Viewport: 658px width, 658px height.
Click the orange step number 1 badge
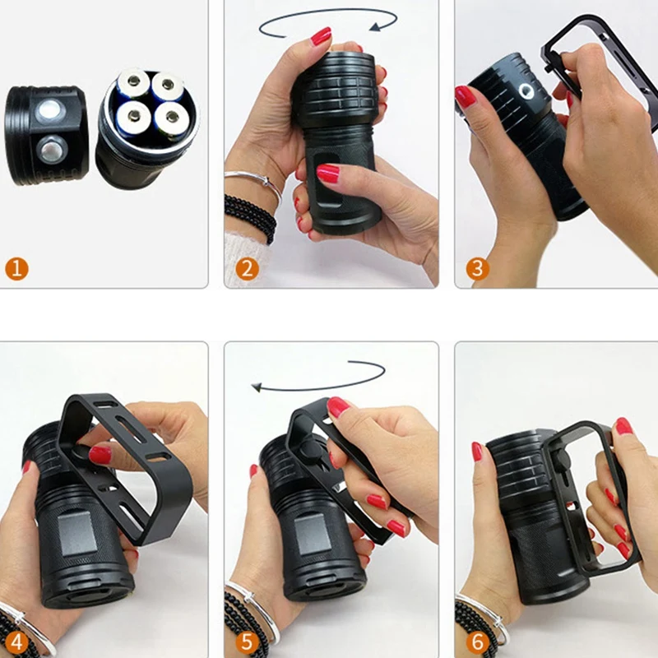[16, 269]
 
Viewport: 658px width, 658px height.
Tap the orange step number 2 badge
[248, 269]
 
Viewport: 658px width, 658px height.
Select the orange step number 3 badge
[478, 269]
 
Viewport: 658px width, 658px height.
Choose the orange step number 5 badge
[248, 642]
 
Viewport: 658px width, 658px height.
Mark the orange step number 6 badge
[478, 642]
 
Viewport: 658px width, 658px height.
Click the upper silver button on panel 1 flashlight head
[49, 111]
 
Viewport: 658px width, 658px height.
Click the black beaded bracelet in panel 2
[251, 216]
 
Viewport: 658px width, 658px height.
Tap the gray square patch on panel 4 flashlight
[76, 535]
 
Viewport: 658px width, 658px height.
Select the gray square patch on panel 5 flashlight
[313, 536]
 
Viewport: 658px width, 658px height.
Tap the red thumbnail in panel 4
[100, 455]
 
